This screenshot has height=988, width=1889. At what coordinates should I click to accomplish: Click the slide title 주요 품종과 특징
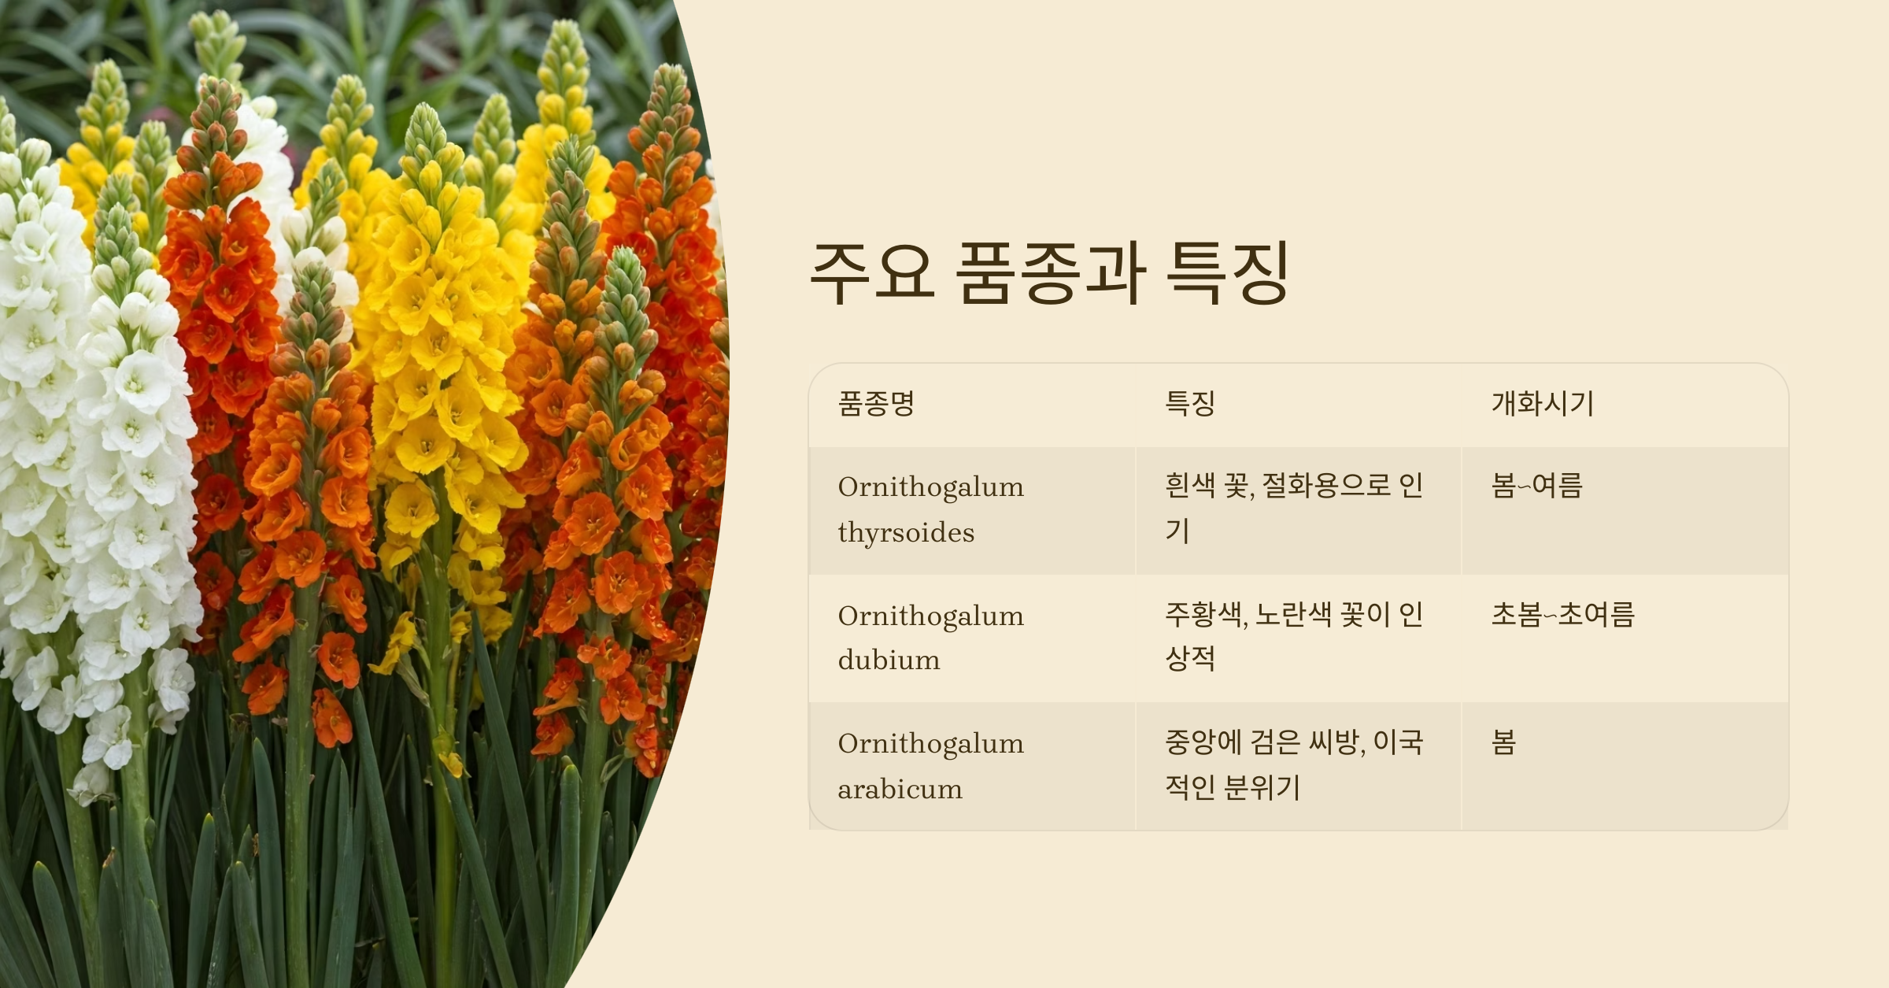[x=1048, y=272]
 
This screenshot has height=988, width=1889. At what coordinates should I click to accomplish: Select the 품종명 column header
[x=876, y=404]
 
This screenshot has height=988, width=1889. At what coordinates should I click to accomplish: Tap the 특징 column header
[x=1189, y=404]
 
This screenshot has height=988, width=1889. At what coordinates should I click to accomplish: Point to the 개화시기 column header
[x=1542, y=404]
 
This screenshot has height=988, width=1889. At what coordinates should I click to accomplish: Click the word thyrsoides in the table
[x=906, y=533]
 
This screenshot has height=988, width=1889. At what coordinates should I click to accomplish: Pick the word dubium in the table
[x=889, y=660]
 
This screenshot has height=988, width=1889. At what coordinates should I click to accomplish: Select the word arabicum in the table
[x=900, y=789]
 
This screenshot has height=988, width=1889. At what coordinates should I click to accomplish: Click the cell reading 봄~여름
[x=1536, y=486]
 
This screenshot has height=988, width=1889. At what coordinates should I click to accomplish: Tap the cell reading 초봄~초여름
[x=1562, y=614]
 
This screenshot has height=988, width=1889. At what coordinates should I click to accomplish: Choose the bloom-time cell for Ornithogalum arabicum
[x=1503, y=742]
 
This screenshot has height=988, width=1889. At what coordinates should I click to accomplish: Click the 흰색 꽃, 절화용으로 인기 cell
[x=1293, y=508]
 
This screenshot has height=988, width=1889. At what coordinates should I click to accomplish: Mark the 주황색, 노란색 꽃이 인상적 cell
[x=1293, y=636]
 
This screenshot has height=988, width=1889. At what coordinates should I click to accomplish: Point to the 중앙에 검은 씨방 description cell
[x=1293, y=764]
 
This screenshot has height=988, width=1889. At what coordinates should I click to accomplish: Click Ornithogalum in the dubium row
[x=930, y=616]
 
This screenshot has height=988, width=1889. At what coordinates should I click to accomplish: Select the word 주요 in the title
[x=872, y=272]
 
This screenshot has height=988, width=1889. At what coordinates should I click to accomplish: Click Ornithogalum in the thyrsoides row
[x=930, y=487]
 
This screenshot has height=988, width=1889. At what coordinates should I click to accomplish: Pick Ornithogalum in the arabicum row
[x=930, y=744]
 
